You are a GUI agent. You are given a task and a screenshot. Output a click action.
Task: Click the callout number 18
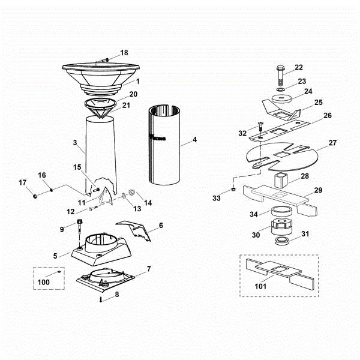[x=124, y=53]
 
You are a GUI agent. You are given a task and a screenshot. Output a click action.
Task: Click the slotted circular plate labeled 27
[x=281, y=153]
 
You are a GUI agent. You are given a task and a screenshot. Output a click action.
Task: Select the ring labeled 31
[x=280, y=241]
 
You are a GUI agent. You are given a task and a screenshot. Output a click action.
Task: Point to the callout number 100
[x=44, y=281]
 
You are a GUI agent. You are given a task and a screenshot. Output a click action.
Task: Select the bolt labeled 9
[x=80, y=232]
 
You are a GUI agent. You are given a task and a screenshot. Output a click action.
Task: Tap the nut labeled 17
[x=36, y=196]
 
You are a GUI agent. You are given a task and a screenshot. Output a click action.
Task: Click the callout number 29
[x=318, y=190]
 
